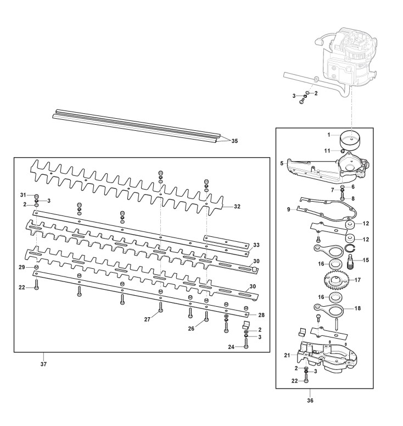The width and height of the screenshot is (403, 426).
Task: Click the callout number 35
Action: coord(234,141)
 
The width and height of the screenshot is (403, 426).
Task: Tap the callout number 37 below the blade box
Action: coord(43,364)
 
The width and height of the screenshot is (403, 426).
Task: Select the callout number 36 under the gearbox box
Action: coord(310,401)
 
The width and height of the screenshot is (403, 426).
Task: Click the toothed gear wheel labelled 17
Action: coord(335,280)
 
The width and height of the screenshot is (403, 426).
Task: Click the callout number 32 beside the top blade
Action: coord(237,207)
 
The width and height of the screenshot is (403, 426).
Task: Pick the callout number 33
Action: coord(256,245)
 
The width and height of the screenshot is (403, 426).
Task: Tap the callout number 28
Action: coord(261,315)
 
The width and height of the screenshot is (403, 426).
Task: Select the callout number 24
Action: coord(231,347)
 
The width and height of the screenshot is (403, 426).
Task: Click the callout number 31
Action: coord(23,195)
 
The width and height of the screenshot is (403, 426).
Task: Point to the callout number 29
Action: coord(22,267)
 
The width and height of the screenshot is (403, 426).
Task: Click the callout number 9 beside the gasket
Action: coord(288,209)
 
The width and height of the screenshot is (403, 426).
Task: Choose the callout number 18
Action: coord(357,308)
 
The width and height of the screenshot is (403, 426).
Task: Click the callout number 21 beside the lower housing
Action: coord(287,355)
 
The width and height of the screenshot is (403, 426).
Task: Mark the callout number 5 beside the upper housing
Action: coord(282,164)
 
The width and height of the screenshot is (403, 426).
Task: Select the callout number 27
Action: coord(147,319)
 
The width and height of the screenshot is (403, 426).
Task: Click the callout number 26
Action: coord(191,329)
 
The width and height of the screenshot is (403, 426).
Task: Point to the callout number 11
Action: coord(328,151)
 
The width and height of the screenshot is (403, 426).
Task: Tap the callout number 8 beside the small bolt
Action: coord(353,198)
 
